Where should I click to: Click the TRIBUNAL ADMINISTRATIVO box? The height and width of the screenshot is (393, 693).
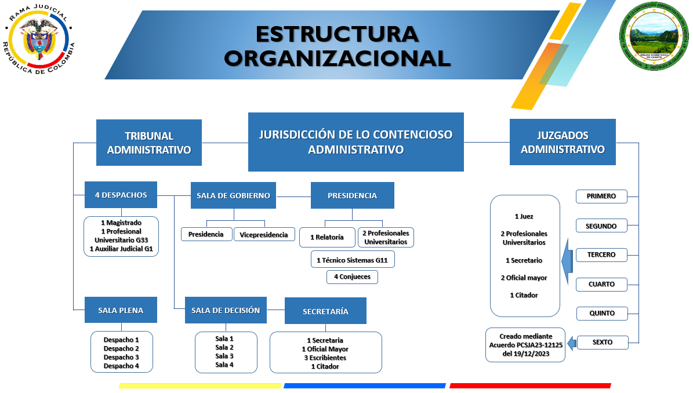149,143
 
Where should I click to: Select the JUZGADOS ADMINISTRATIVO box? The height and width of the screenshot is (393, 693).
563,142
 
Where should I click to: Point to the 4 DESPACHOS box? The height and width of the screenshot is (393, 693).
121,195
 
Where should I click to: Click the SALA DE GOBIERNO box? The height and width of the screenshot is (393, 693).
233,195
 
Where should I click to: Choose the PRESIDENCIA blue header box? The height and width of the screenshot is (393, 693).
352,195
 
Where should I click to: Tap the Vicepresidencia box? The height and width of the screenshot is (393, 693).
264,235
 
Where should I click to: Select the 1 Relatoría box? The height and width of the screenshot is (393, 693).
327,237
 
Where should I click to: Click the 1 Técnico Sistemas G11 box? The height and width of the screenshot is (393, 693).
352,260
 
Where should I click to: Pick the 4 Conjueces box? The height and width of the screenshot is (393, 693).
352,277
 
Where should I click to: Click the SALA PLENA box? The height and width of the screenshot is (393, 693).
121,310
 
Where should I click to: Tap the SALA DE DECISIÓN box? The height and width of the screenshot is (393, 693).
226,310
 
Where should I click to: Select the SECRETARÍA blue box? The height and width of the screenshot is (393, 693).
325,311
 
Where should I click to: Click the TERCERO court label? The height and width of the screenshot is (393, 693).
602,254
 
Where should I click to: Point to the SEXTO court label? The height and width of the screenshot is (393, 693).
602,342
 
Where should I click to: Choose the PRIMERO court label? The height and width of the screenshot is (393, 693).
602,196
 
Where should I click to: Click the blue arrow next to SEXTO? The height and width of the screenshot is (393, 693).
571,343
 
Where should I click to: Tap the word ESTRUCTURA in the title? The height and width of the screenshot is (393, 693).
337,34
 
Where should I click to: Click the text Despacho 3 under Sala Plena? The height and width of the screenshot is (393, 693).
121,357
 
